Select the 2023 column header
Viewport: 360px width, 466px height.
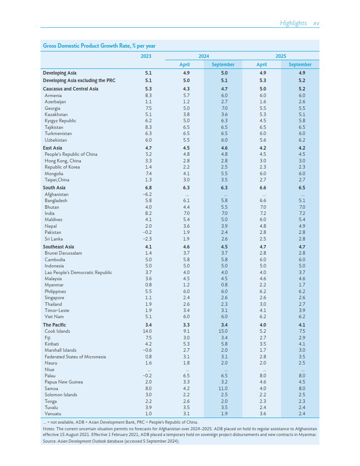pyautogui.click(x=146, y=56)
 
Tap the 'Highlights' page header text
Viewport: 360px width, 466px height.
pyautogui.click(x=293, y=23)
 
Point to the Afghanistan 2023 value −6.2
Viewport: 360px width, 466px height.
pyautogui.click(x=148, y=194)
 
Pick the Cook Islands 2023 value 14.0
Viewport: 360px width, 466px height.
pyautogui.click(x=148, y=331)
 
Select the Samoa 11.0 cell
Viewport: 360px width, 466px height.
pyautogui.click(x=224, y=388)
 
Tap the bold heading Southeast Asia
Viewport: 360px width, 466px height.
pyautogui.click(x=58, y=247)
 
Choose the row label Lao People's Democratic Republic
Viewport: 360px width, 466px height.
pyautogui.click(x=78, y=272)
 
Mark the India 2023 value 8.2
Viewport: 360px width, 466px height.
pyautogui.click(x=148, y=213)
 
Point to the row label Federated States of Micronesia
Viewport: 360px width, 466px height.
pyautogui.click(x=75, y=357)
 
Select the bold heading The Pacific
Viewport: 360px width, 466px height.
pyautogui.click(x=54, y=325)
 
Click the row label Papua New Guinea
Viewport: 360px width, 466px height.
pyautogui.click(x=64, y=382)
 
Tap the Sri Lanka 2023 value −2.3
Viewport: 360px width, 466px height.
pyautogui.click(x=148, y=239)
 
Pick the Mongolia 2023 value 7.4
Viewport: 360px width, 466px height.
pyautogui.click(x=148, y=173)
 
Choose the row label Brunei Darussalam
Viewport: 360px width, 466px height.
pyautogui.click(x=63, y=253)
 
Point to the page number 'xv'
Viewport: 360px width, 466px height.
pyautogui.click(x=316, y=23)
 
